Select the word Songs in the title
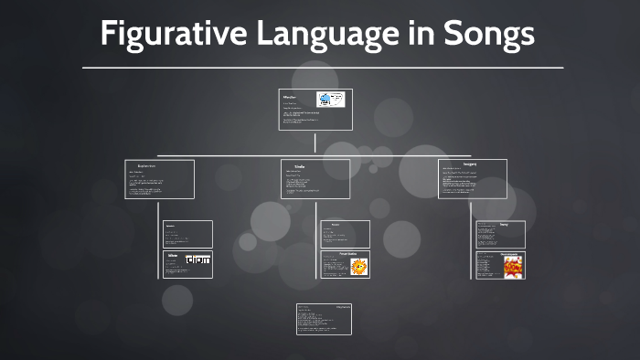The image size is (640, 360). pyautogui.click(x=488, y=35)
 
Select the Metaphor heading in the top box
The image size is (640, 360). pyautogui.click(x=290, y=96)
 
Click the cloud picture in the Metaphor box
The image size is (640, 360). pyautogui.click(x=329, y=101)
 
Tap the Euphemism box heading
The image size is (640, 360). pyautogui.click(x=145, y=165)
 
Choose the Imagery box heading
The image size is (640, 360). pyautogui.click(x=470, y=164)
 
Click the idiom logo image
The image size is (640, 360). pyautogui.click(x=197, y=260)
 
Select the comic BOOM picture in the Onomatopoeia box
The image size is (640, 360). pyautogui.click(x=514, y=266)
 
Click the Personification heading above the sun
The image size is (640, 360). pyautogui.click(x=335, y=254)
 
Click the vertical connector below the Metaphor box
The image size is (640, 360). pyautogui.click(x=315, y=143)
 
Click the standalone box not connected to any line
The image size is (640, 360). pyautogui.click(x=324, y=319)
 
